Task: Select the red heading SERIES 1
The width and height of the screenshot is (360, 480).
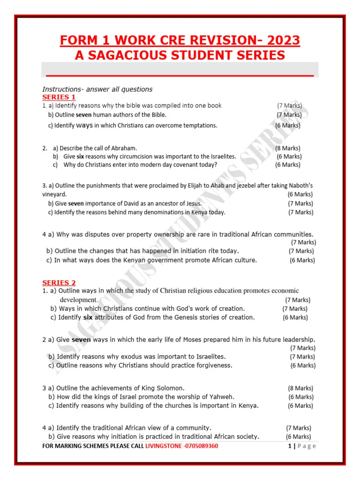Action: click(x=59, y=97)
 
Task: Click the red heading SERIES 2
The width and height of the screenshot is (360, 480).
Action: click(x=59, y=283)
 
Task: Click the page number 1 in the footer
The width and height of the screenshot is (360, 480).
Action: click(x=290, y=446)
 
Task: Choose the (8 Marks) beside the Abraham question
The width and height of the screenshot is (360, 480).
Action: click(x=288, y=148)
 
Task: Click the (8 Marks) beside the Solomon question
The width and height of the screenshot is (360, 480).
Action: click(x=300, y=388)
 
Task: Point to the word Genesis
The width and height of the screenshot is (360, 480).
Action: click(x=183, y=317)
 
